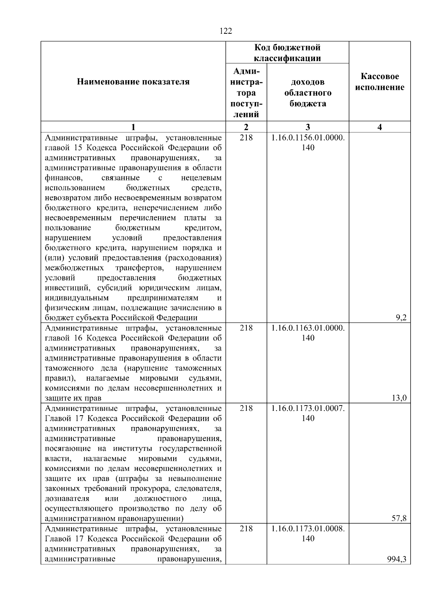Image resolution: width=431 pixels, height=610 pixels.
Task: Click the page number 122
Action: point(226,31)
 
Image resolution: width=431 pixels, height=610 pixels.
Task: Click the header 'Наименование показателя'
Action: point(133,82)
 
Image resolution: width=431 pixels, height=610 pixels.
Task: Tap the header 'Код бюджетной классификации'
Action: point(287,52)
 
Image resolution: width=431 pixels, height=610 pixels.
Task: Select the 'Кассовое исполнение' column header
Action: point(380,82)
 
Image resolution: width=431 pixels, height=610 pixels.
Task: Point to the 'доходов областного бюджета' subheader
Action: point(308,93)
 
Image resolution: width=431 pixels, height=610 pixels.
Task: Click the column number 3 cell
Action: point(308,127)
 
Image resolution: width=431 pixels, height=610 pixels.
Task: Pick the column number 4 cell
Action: point(380,127)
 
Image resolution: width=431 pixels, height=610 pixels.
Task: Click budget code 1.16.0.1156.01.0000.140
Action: point(308,143)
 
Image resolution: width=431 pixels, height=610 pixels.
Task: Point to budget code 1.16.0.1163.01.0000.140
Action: point(308,333)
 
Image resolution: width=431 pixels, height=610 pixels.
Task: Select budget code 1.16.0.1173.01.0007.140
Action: point(308,413)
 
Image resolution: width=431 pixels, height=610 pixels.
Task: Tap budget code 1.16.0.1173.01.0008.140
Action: point(308,534)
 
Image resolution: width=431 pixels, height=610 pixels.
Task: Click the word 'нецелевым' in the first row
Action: point(201,178)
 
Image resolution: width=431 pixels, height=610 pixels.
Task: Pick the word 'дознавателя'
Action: point(67,499)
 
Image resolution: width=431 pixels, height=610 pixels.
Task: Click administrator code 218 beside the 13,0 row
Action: point(246,328)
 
